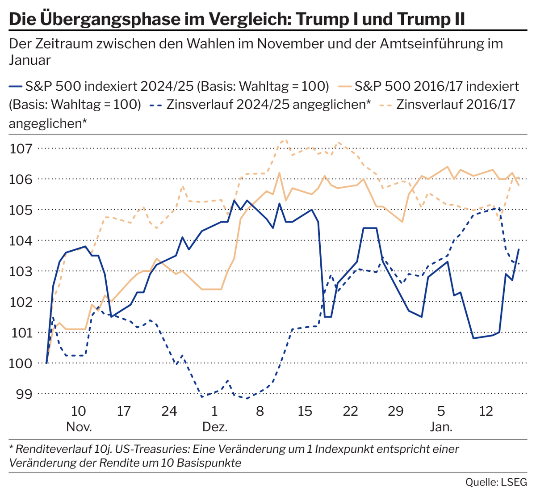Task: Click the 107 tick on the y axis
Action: (21, 148)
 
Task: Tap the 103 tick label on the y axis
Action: (21, 271)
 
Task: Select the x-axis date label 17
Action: (124, 410)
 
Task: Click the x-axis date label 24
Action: (169, 410)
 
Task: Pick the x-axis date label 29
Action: (396, 410)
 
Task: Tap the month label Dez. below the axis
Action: (215, 426)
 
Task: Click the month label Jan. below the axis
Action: (441, 426)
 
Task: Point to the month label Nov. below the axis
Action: (79, 426)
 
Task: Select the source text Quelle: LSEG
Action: (496, 482)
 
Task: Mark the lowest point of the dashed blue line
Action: (245, 398)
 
